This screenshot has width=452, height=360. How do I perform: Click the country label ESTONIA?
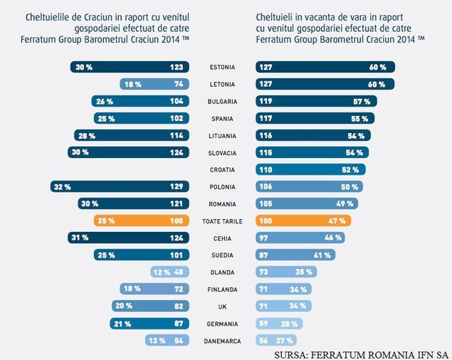(x=223, y=68)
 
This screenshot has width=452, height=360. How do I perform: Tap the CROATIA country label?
(x=223, y=170)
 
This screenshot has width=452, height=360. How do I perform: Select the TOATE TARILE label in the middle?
(x=223, y=221)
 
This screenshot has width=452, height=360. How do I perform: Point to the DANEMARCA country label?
(x=223, y=341)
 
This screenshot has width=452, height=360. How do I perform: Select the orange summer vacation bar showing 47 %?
(x=303, y=221)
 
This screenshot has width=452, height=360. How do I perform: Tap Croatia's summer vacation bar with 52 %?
(x=311, y=170)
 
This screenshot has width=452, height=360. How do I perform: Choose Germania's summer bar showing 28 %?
(x=279, y=324)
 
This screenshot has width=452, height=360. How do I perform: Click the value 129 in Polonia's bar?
(x=175, y=187)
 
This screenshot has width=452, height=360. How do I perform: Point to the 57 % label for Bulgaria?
(x=361, y=102)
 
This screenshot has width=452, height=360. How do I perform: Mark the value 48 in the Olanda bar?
(x=177, y=272)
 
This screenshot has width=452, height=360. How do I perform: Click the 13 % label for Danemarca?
(x=157, y=341)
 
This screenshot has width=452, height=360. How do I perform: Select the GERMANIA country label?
(x=223, y=324)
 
